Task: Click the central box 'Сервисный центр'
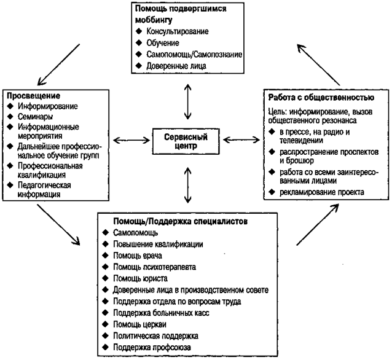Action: click(x=186, y=141)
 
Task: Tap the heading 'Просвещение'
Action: click(x=34, y=96)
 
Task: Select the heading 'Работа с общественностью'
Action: click(x=321, y=97)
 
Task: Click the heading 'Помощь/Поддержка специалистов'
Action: click(x=180, y=221)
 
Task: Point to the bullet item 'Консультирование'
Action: click(x=178, y=31)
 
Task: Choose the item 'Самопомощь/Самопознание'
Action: click(x=194, y=54)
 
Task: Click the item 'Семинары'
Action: click(x=35, y=117)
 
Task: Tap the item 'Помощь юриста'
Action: click(x=140, y=278)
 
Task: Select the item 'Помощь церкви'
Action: click(x=139, y=324)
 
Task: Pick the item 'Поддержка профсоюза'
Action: click(x=152, y=347)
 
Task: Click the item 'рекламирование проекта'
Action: click(x=322, y=192)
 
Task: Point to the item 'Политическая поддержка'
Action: click(x=155, y=336)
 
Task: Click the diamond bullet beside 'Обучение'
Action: click(x=139, y=43)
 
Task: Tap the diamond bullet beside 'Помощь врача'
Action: click(x=106, y=255)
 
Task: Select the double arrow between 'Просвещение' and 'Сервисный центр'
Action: click(x=131, y=140)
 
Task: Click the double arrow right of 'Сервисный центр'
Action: click(x=241, y=139)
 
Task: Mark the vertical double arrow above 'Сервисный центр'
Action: click(x=187, y=101)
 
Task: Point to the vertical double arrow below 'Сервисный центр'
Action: click(x=187, y=185)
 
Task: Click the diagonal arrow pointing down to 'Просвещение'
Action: click(x=58, y=65)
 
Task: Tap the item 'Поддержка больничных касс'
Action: click(x=161, y=313)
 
